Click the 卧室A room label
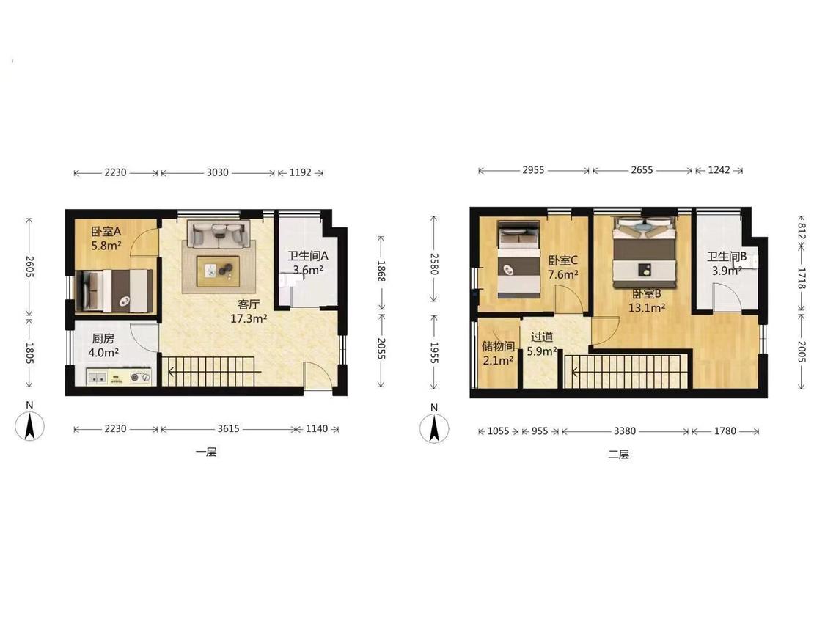pos(106,232)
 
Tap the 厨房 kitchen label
pos(103,339)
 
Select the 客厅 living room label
pos(249,305)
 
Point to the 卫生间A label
pos(308,257)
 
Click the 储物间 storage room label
pos(498,346)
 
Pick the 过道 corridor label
pos(542,337)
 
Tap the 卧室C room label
pos(563,260)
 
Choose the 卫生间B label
pos(727,257)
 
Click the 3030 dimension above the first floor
pos(217,172)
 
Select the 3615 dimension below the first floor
pos(229,429)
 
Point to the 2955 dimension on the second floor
pos(533,171)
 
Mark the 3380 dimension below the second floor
pos(625,432)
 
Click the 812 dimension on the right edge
pos(802,231)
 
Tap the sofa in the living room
pos(219,234)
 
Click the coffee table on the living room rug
pos(218,271)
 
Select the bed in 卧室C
pos(518,260)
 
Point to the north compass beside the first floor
pos(29,425)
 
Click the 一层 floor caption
pos(206,452)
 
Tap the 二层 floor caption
pos(619,454)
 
